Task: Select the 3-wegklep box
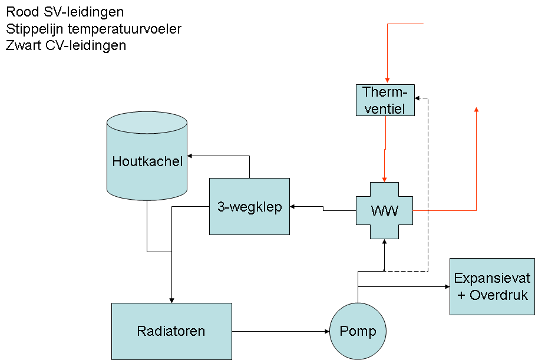[x=250, y=206]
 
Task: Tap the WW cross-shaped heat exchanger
[x=384, y=210]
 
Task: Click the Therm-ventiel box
[x=385, y=100]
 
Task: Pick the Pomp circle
[x=358, y=331]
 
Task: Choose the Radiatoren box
[x=171, y=331]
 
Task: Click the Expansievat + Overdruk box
[x=492, y=286]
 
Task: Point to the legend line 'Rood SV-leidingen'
[x=65, y=12]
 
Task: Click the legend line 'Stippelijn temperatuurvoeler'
[x=94, y=28]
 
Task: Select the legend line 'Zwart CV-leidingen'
[x=66, y=45]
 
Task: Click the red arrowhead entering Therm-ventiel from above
[x=387, y=81]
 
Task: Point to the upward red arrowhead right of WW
[x=476, y=109]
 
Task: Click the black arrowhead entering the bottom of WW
[x=384, y=242]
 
